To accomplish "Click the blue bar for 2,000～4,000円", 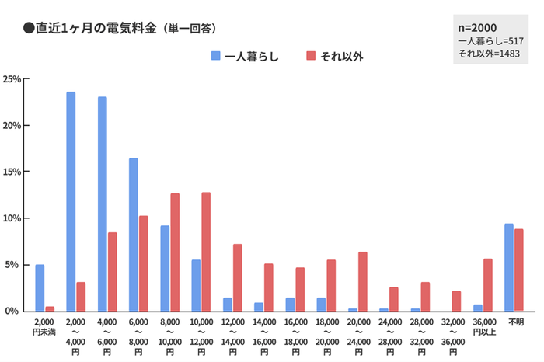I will (x=71, y=201).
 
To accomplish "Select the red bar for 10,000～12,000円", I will (x=206, y=252).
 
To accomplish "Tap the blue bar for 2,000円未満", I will (x=40, y=287).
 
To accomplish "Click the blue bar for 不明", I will (x=508, y=267).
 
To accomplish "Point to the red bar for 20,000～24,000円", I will (x=362, y=281).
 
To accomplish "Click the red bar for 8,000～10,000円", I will (x=175, y=252).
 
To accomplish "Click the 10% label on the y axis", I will (x=12, y=218).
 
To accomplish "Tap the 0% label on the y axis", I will (x=15, y=311).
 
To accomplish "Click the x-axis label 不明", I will (x=514, y=321).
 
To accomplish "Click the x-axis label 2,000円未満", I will (x=44, y=326).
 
